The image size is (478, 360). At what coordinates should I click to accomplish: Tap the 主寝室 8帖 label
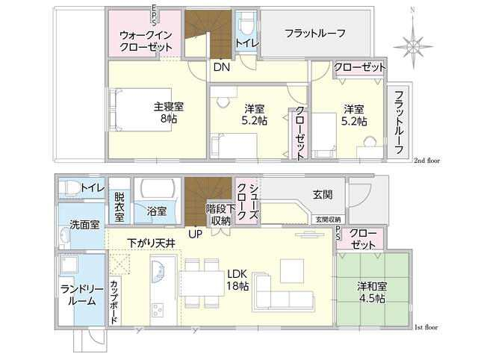click(x=169, y=113)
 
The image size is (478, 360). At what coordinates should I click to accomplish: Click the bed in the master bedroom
click(x=140, y=110)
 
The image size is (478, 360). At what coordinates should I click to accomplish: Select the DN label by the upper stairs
click(x=222, y=67)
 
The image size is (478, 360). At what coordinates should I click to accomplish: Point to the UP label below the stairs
click(x=195, y=234)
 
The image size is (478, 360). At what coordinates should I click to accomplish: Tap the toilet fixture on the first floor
click(x=69, y=187)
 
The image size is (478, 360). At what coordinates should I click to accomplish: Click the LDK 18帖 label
click(x=238, y=280)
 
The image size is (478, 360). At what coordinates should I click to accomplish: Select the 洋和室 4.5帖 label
click(x=372, y=292)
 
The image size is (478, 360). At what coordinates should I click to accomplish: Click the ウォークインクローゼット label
click(x=146, y=41)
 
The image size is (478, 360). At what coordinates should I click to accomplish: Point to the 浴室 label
click(x=157, y=211)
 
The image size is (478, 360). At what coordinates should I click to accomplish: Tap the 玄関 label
click(x=323, y=194)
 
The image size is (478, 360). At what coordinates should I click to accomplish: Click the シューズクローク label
click(x=247, y=202)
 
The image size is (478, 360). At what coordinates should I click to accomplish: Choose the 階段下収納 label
click(x=221, y=214)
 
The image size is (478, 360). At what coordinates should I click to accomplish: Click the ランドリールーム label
click(x=82, y=295)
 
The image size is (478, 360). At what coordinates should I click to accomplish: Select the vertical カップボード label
click(x=114, y=302)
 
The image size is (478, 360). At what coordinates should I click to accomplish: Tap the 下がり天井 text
click(x=151, y=243)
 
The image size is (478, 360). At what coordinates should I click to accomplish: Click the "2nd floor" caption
click(x=426, y=161)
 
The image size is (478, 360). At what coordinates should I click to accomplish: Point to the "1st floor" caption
click(x=426, y=327)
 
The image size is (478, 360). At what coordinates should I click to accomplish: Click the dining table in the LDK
click(x=202, y=284)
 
